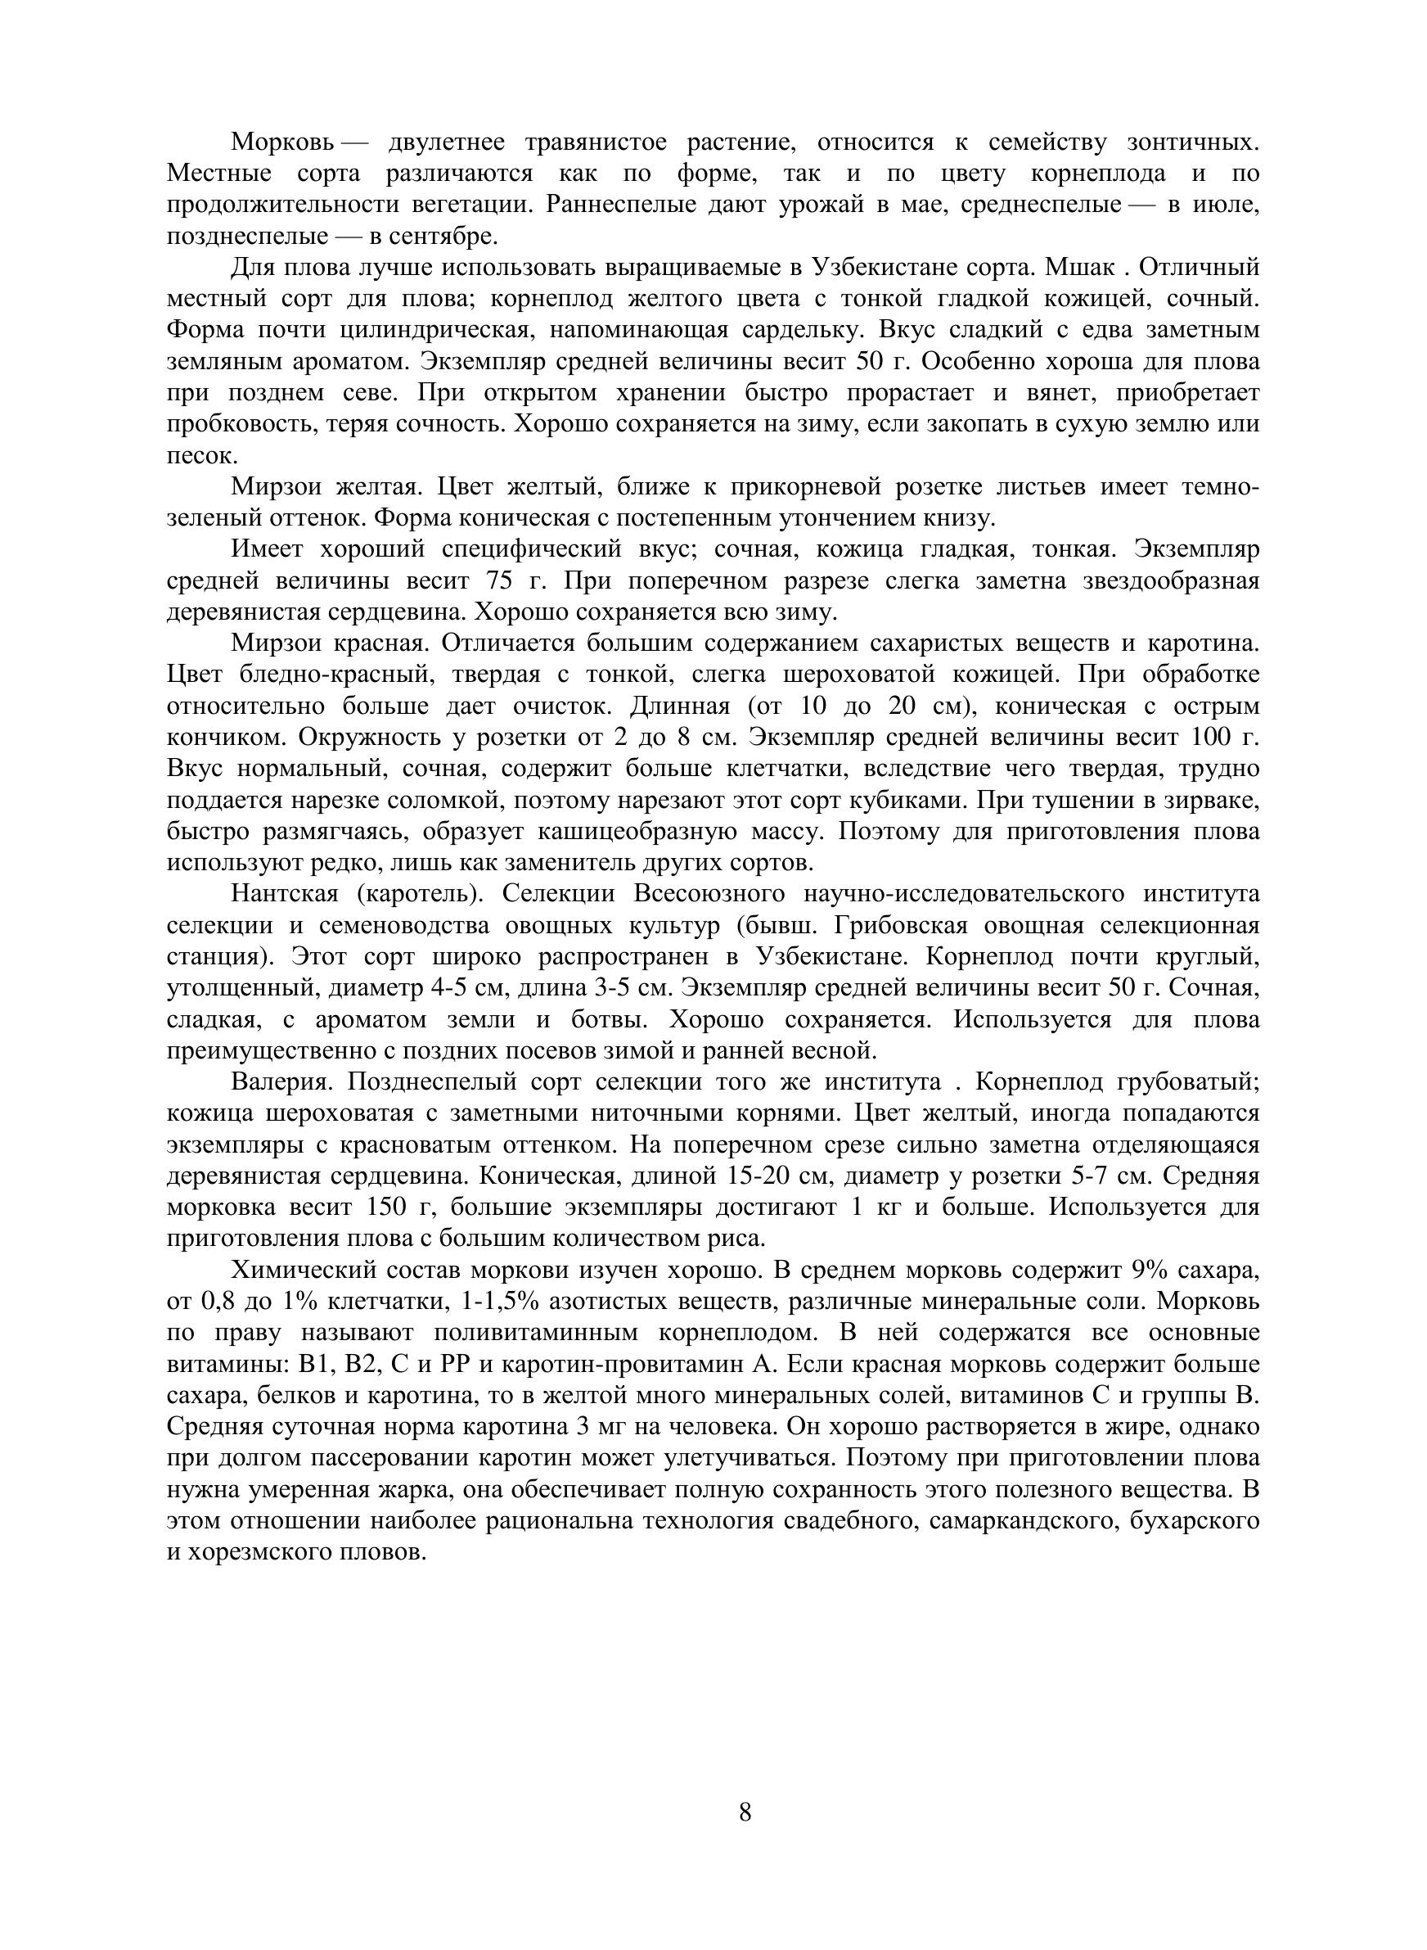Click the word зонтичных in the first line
click(1192, 142)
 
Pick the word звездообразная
click(1169, 581)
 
